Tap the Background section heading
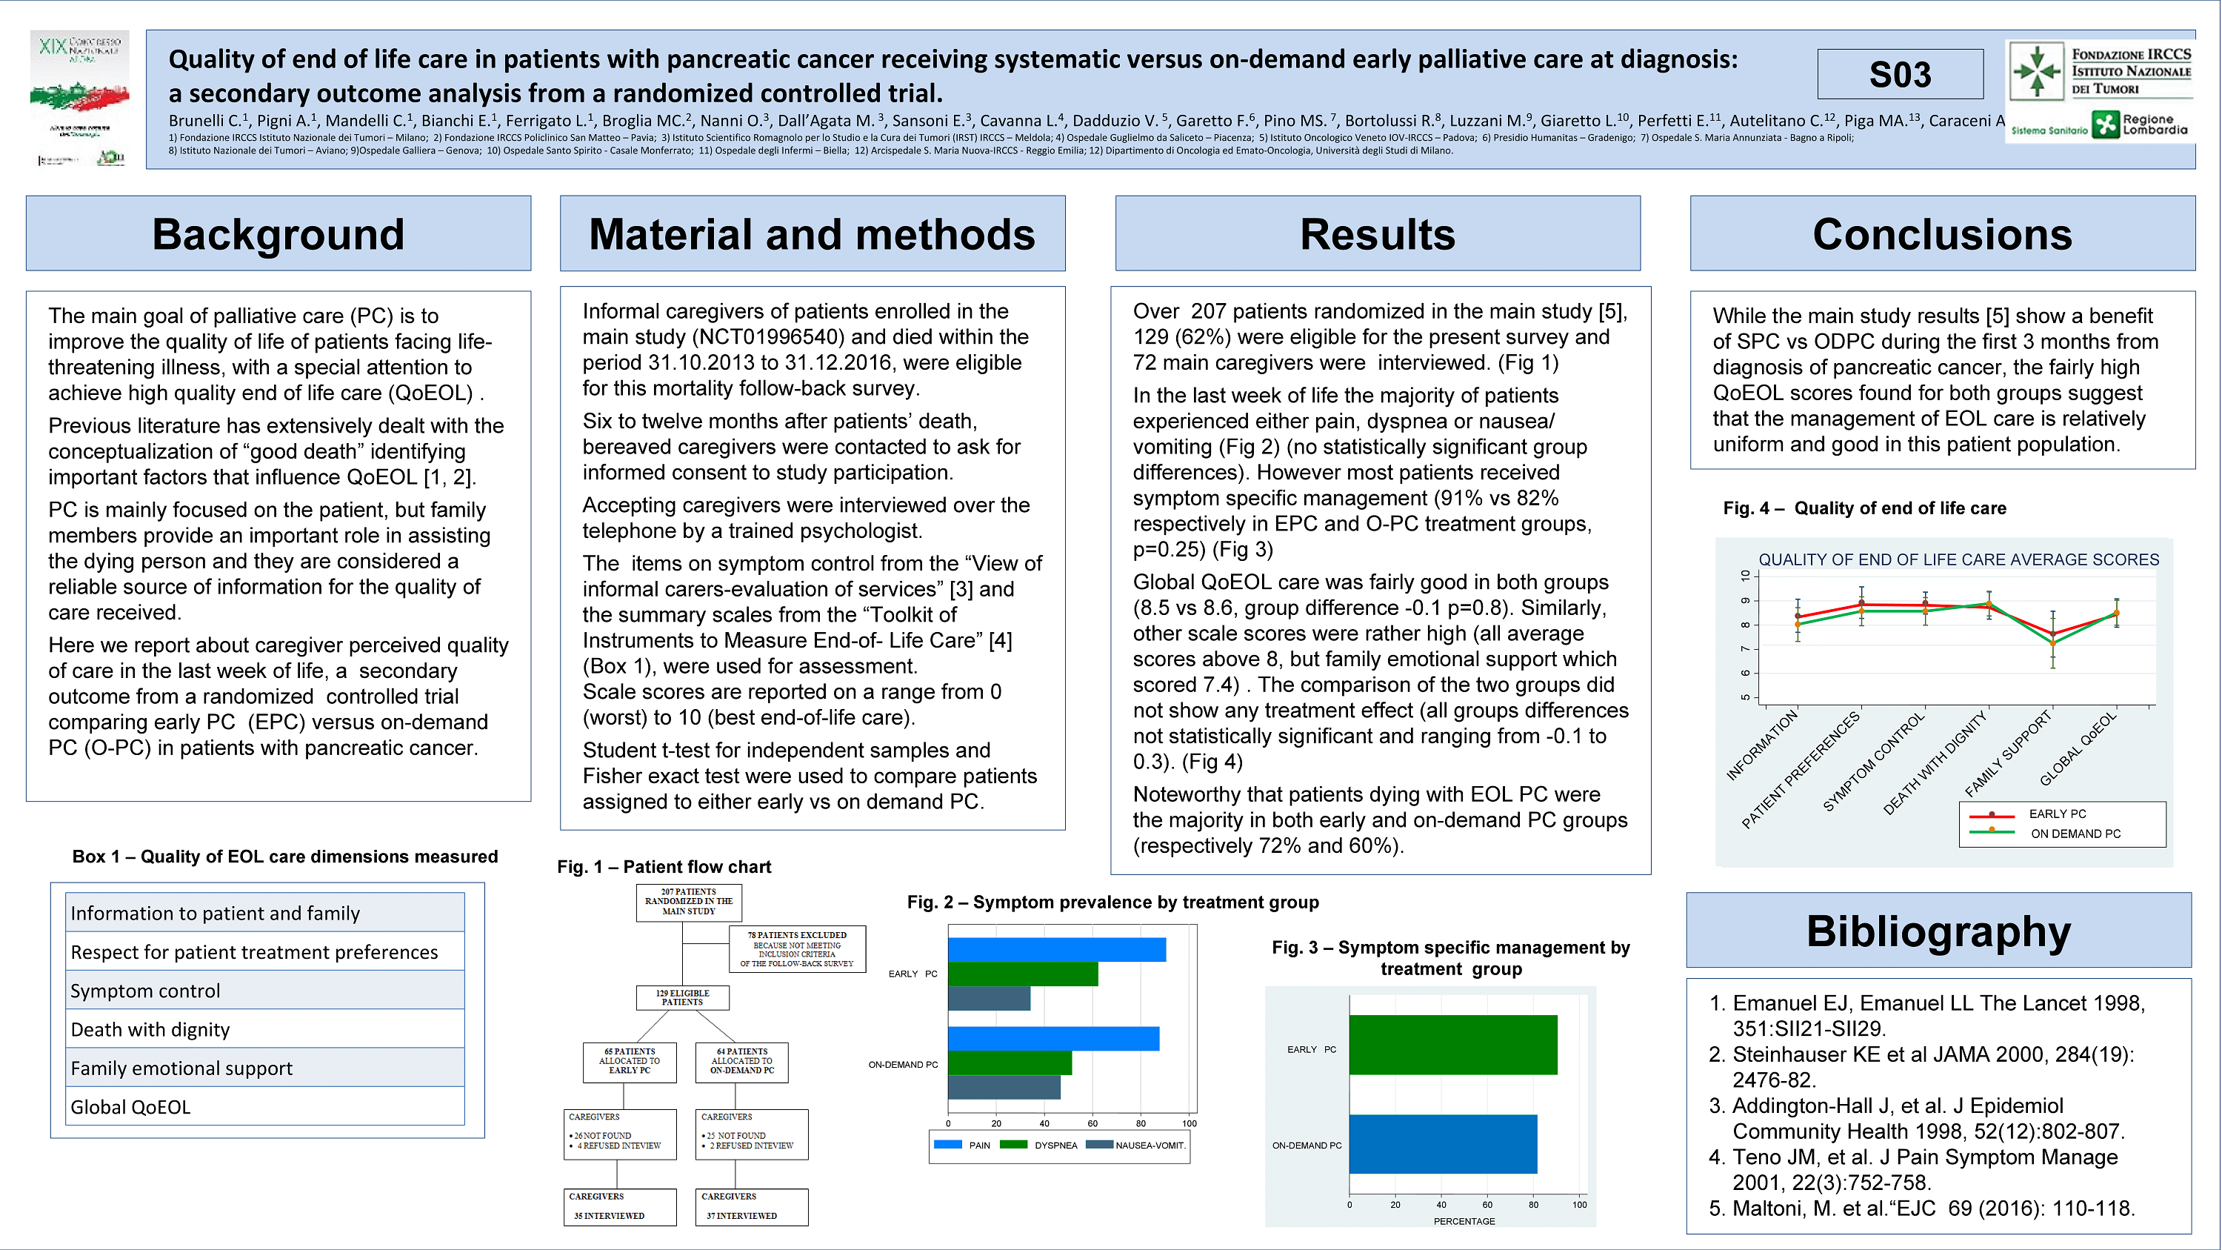click(278, 234)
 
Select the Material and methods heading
click(812, 234)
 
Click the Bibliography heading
click(1938, 931)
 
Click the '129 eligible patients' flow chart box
click(682, 998)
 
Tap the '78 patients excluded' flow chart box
click(796, 949)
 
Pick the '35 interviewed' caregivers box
click(619, 1206)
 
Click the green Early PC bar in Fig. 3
click(1452, 1045)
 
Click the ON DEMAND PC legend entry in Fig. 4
click(2075, 834)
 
